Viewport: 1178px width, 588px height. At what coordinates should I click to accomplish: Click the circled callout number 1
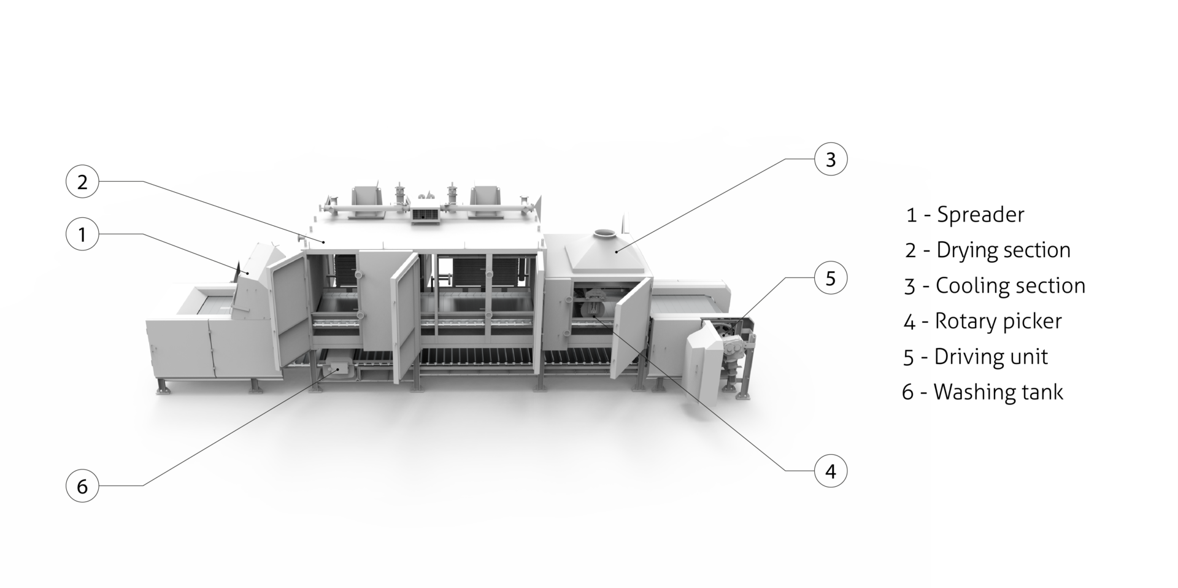click(82, 234)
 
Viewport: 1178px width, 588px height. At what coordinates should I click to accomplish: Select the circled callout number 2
click(82, 182)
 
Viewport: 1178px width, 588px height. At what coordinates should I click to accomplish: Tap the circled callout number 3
click(831, 159)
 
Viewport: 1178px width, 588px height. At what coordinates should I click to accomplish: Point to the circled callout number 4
click(831, 471)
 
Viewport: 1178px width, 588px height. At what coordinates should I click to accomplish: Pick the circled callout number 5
click(831, 277)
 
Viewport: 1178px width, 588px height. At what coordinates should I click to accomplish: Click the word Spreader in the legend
click(980, 215)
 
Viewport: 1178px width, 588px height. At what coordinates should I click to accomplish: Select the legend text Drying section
click(1003, 250)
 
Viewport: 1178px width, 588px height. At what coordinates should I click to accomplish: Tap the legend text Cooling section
click(1010, 285)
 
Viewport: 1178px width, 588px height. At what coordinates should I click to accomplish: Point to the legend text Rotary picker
click(998, 321)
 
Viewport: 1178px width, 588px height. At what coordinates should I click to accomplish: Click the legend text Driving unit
click(991, 357)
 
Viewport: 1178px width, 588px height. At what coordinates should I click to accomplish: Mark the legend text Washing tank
click(998, 392)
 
